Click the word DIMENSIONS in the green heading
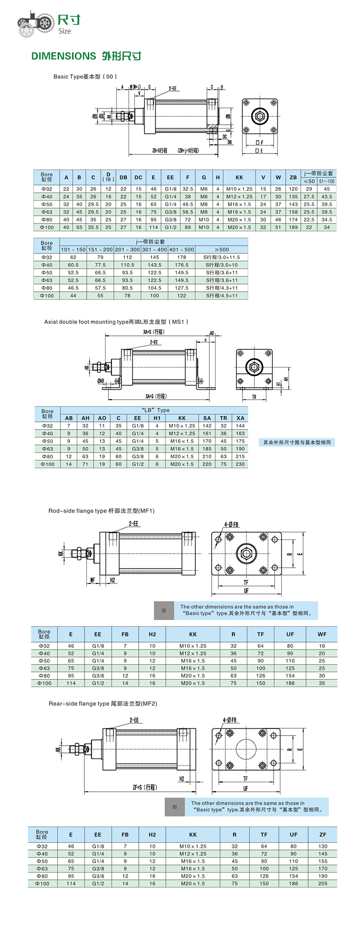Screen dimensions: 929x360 coord(63,56)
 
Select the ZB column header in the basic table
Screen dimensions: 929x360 coord(293,178)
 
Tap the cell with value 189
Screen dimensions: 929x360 coord(293,227)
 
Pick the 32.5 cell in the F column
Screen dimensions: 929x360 coord(188,189)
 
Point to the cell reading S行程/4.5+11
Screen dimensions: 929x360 coord(221,296)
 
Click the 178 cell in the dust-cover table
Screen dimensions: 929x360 coord(181,257)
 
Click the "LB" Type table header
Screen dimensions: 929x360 coord(156,410)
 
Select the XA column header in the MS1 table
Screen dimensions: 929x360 coord(240,418)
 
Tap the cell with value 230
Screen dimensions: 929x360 coord(240,464)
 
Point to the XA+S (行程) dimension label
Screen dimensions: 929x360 coord(154,332)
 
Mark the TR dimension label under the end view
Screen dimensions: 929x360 coord(254,397)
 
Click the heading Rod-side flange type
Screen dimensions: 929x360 coord(77,511)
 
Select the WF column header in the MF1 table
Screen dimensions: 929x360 coord(322,634)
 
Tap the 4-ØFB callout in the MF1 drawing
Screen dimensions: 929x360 coord(231,524)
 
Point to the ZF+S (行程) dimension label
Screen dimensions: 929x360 coord(144,787)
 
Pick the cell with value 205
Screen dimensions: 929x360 coord(323,883)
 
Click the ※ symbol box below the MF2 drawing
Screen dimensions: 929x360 coord(175,807)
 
